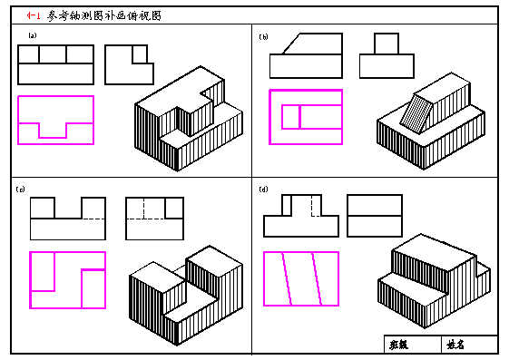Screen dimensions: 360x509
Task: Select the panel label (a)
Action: [x=32, y=37]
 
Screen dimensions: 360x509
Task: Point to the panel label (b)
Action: [x=264, y=37]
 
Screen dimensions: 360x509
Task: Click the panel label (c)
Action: [x=21, y=189]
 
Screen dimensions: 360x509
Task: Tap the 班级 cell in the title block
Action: [x=399, y=345]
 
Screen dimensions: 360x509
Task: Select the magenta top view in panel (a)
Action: [x=55, y=120]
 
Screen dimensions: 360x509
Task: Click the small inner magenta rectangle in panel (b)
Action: [x=290, y=117]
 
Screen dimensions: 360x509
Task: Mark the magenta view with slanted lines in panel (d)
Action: [x=300, y=278]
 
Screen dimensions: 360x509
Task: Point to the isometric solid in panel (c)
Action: [x=186, y=290]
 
